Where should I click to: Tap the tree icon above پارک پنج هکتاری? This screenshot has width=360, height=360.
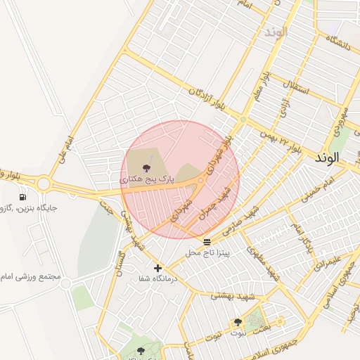pyautogui.click(x=146, y=168)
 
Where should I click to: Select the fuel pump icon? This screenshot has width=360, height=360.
pyautogui.click(x=24, y=197)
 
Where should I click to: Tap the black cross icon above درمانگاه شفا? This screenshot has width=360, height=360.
pyautogui.click(x=157, y=268)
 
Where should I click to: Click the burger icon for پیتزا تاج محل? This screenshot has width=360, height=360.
pyautogui.click(x=206, y=242)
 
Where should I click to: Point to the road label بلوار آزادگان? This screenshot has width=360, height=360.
pyautogui.click(x=210, y=94)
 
